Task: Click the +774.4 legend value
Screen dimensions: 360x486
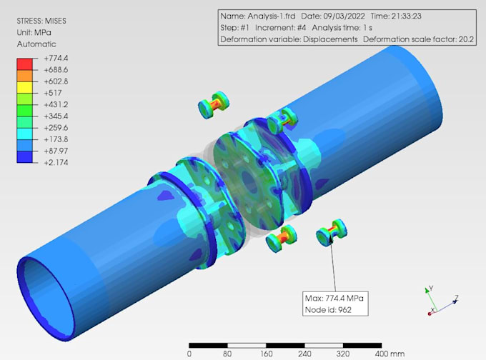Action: pyautogui.click(x=56, y=59)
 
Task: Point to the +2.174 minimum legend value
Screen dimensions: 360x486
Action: pyautogui.click(x=56, y=162)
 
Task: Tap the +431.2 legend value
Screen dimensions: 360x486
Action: pyautogui.click(x=56, y=104)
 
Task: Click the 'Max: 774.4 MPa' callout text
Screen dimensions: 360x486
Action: pyautogui.click(x=336, y=298)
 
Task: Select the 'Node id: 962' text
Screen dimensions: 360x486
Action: pyautogui.click(x=328, y=309)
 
